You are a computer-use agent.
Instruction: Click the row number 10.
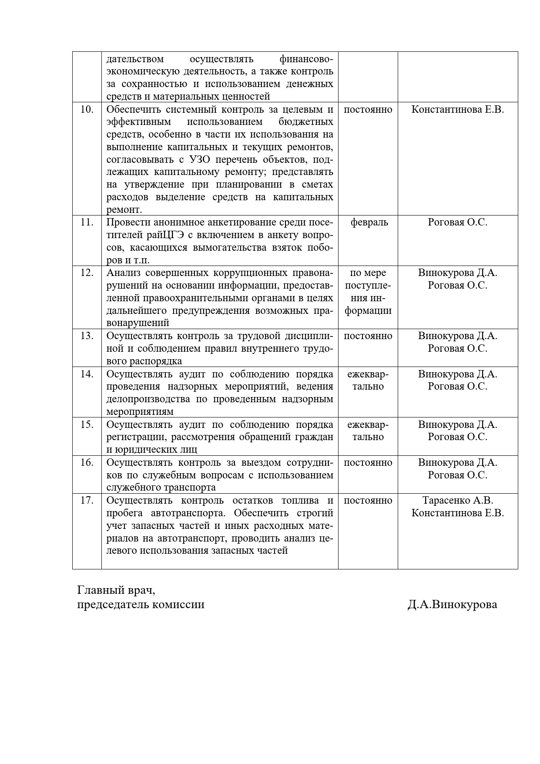(87, 109)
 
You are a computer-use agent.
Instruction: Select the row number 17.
(87, 500)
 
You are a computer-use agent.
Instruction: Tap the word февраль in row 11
(369, 222)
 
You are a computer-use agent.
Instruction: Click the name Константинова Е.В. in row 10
(458, 109)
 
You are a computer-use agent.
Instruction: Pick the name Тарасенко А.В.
(458, 500)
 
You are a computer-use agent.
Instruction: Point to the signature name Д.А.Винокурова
(452, 605)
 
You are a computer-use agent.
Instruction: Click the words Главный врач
(116, 591)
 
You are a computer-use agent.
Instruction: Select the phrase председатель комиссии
(141, 605)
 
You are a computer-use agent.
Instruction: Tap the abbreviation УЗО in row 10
(200, 159)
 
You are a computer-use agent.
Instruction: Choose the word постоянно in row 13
(368, 336)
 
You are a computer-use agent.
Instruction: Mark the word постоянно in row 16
(368, 462)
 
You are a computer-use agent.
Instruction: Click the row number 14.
(87, 374)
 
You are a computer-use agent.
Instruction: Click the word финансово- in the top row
(306, 59)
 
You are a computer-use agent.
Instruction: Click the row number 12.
(87, 273)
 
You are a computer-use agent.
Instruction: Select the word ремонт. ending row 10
(124, 210)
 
